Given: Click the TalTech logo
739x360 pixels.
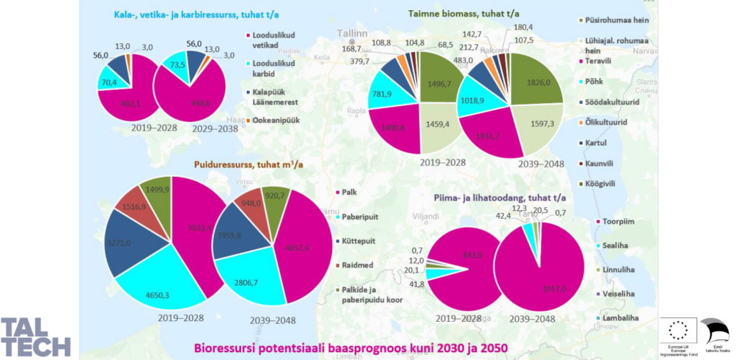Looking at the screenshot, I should click(35, 335).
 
